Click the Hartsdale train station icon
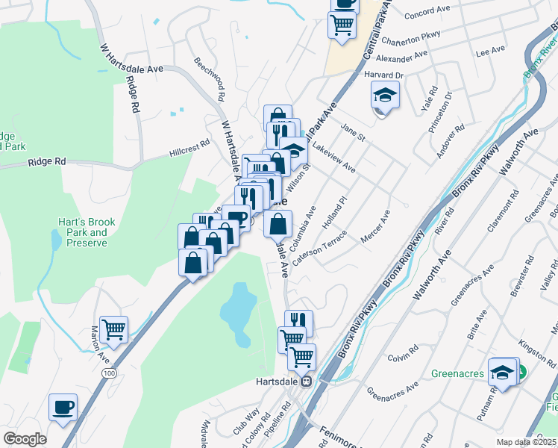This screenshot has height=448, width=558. point(306,382)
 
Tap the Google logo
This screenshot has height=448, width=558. point(25,439)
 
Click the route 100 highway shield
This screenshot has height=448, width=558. point(110,373)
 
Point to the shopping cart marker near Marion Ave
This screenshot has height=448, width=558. point(113,329)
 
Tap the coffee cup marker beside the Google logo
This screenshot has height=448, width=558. point(63,408)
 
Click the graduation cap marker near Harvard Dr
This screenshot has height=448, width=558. point(385,96)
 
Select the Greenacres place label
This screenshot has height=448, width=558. point(458,373)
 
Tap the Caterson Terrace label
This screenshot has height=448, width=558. point(320,248)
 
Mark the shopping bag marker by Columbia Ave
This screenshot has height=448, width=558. point(278,223)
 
